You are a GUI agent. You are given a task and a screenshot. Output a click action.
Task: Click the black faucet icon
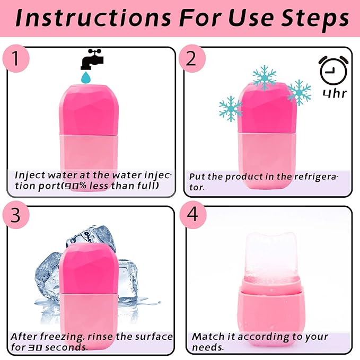[x=91, y=60]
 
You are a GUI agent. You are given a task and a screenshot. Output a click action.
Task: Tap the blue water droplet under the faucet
[x=85, y=78]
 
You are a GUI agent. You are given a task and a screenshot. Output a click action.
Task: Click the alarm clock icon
[x=332, y=70]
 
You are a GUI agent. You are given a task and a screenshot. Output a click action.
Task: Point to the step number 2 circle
[x=191, y=58]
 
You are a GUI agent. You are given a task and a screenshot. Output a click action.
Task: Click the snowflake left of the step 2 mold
[x=231, y=108]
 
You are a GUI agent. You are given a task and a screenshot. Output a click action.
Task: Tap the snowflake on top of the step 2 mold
[x=264, y=77]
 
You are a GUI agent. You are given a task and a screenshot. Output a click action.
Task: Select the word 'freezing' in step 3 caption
[x=62, y=337]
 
